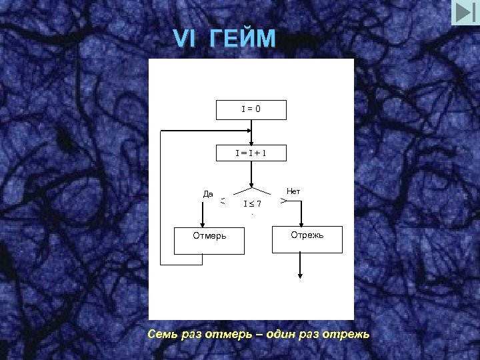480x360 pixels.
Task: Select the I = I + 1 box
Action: point(251,153)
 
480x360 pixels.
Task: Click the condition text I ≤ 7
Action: point(252,203)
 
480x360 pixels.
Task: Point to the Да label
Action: point(208,194)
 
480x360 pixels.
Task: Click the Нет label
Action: point(293,191)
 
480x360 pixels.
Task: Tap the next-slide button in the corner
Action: point(465,13)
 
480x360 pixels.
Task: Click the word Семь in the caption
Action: point(163,333)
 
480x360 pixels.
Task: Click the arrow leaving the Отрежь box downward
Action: point(301,265)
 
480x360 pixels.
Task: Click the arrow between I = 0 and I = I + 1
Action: point(251,133)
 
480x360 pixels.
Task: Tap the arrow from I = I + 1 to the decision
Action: point(251,175)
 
